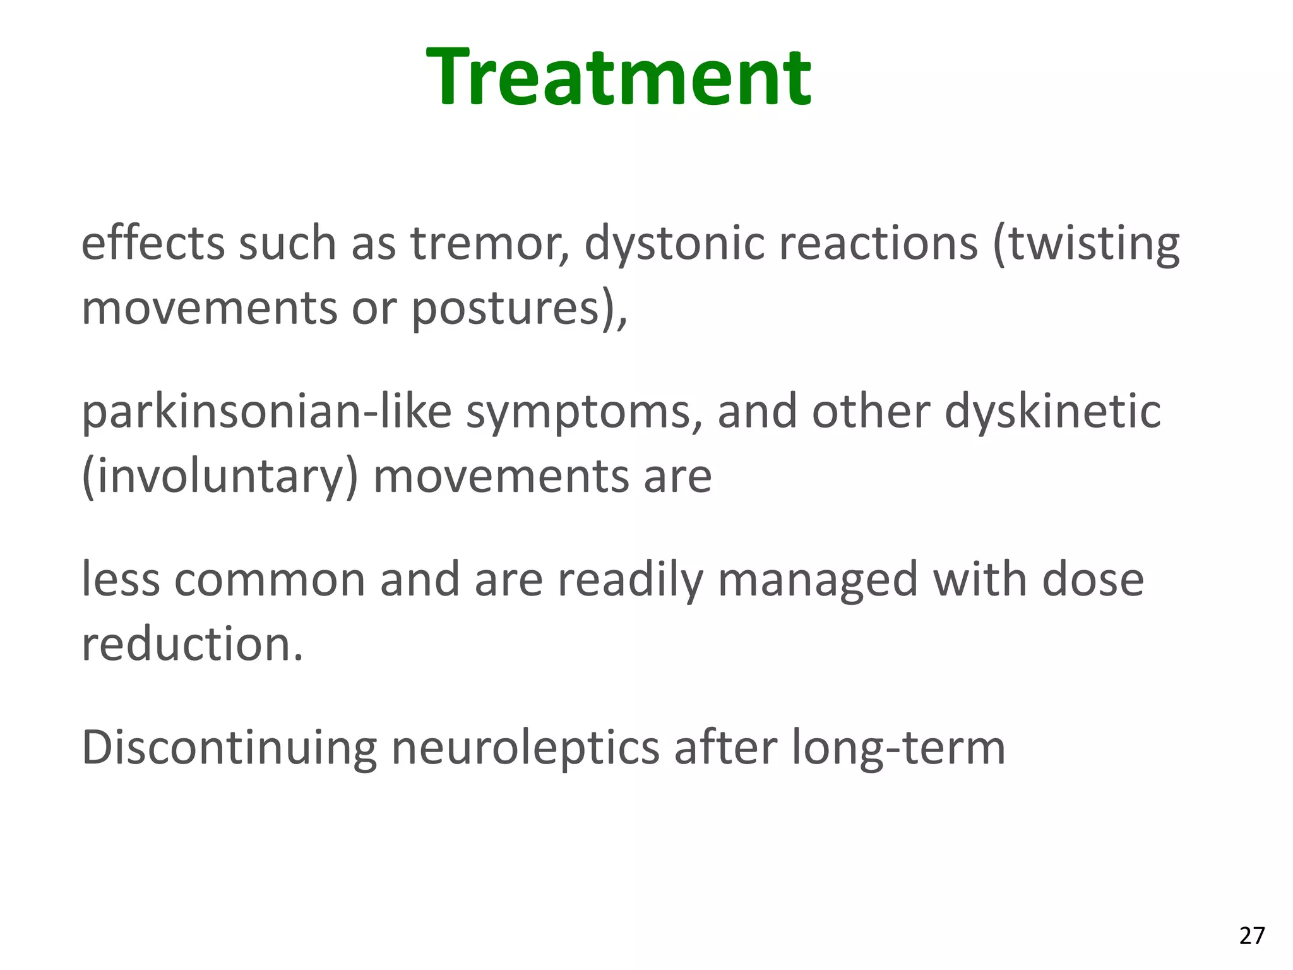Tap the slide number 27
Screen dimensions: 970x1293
click(1252, 936)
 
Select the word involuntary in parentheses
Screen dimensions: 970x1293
click(220, 477)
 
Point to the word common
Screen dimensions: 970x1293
click(270, 580)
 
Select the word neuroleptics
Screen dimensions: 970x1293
click(525, 749)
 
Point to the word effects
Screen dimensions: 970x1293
click(152, 244)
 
